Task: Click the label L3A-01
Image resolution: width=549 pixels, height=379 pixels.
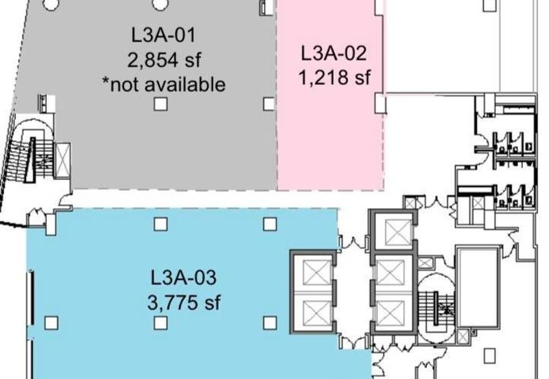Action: [x=163, y=36]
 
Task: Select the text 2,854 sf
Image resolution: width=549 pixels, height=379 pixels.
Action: [x=164, y=60]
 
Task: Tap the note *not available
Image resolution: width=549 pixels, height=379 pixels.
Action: [x=163, y=84]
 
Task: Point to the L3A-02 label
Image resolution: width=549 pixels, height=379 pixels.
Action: [x=334, y=54]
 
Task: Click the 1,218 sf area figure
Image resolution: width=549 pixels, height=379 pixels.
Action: [x=334, y=78]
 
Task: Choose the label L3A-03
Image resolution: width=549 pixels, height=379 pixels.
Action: [x=183, y=277]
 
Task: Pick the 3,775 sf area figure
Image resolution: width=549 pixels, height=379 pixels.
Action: [x=184, y=302]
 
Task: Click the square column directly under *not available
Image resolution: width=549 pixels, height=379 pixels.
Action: [x=161, y=104]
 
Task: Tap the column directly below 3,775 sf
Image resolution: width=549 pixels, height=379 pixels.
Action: [x=161, y=323]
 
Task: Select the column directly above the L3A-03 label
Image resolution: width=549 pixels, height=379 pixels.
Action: [x=161, y=224]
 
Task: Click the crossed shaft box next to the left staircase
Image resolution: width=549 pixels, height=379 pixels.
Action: [x=63, y=161]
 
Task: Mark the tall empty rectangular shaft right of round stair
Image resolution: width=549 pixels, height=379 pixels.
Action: [x=478, y=287]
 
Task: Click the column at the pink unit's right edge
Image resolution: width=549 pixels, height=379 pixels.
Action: [x=380, y=103]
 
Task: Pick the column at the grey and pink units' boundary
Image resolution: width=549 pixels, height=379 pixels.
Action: [x=269, y=104]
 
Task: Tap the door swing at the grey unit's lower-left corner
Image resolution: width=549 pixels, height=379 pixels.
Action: [x=65, y=198]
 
